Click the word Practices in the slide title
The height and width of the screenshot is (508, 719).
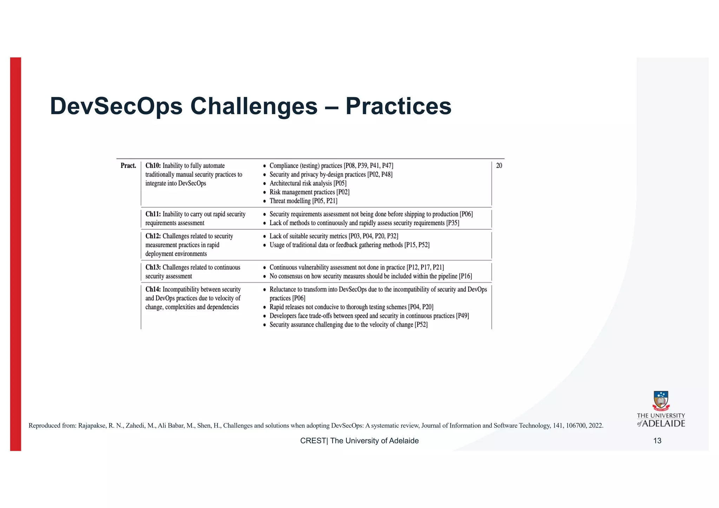tap(398, 106)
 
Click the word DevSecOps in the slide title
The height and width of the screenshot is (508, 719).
tap(116, 106)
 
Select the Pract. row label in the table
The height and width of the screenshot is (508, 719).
tap(128, 166)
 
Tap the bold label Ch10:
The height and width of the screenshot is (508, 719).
tap(153, 166)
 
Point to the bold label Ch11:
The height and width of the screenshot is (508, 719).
tap(153, 214)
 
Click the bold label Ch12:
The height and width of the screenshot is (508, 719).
tap(153, 236)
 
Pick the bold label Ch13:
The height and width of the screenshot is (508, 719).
tap(153, 268)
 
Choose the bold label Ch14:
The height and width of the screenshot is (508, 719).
tap(153, 290)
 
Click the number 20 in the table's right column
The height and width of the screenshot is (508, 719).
tap(499, 166)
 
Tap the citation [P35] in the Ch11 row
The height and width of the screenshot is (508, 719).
tap(453, 223)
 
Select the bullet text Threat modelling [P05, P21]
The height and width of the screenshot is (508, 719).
tap(303, 201)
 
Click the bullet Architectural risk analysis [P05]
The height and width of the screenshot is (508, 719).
tap(308, 183)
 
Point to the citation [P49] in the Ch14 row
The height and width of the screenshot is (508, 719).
tap(462, 316)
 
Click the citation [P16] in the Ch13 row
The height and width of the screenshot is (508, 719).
tap(465, 276)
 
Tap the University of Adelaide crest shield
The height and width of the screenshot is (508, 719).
tap(661, 401)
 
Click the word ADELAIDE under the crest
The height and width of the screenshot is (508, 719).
tap(664, 424)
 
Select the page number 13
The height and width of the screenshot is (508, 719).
tap(657, 441)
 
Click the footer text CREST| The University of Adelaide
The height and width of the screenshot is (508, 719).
tap(359, 441)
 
